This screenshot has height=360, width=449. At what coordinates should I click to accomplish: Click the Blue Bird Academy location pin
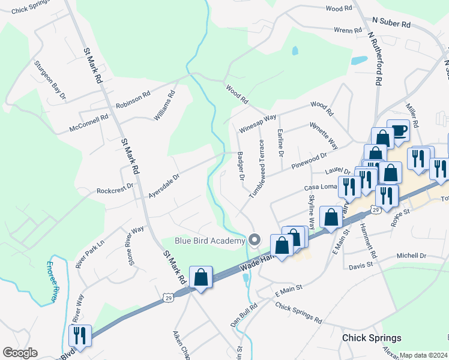point(255,240)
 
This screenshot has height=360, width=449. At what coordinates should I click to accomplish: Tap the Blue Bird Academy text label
point(210,241)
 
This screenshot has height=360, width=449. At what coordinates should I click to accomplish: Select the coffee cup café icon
point(397,130)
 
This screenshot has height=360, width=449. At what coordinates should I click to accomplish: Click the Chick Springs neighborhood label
point(371,338)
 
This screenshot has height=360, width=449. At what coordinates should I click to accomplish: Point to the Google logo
point(20,353)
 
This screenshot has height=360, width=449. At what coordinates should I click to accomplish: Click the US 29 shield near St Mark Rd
point(168,298)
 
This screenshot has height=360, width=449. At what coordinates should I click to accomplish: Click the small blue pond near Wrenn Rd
point(359,60)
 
